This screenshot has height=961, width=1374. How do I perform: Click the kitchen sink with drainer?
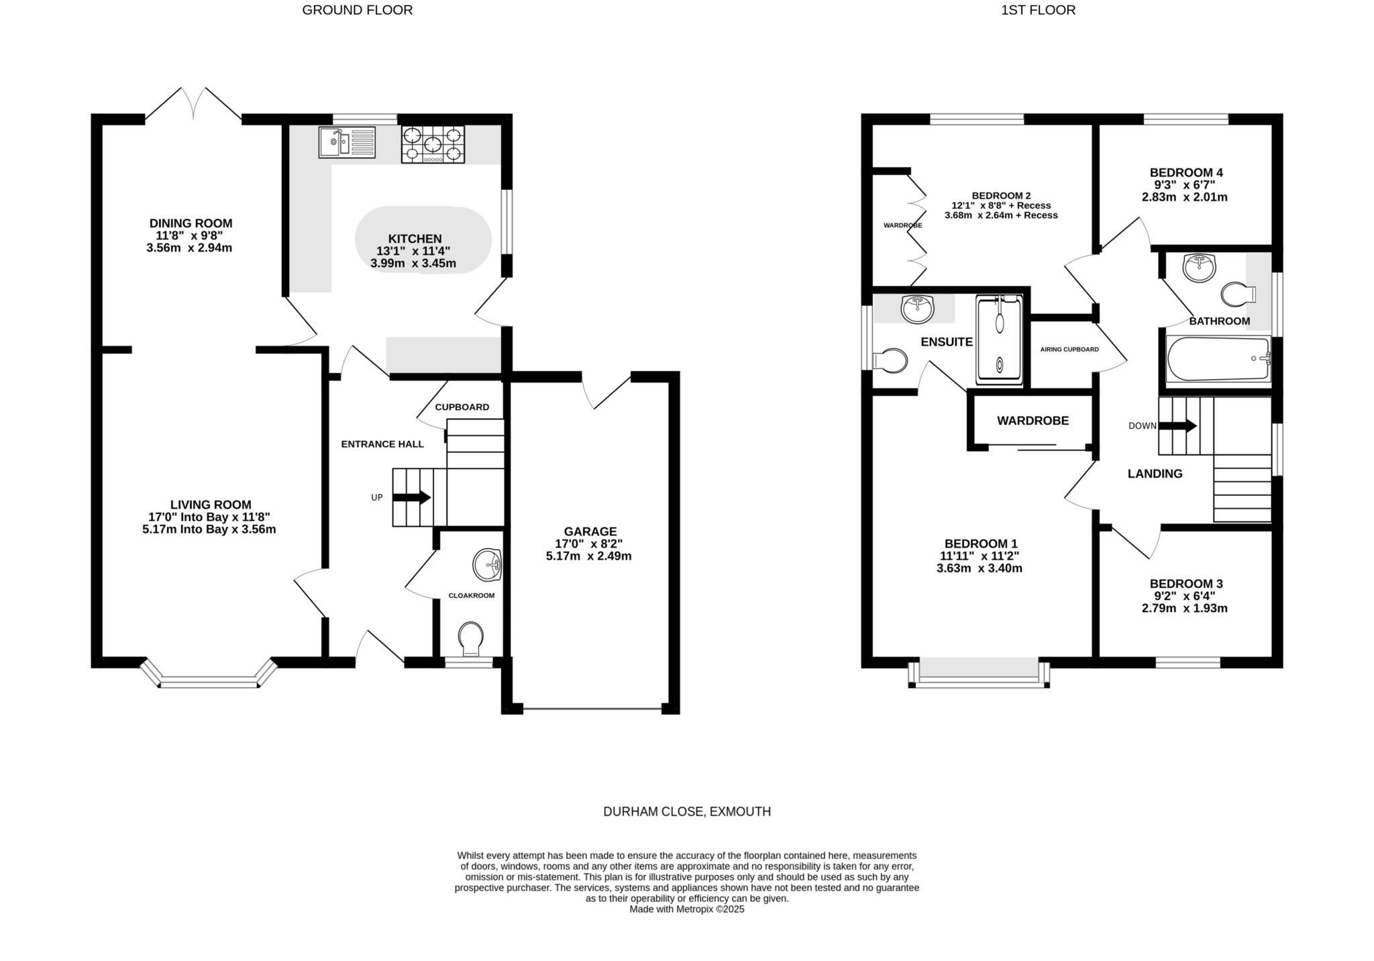coord(347,142)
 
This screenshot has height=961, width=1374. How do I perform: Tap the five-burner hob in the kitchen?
coord(433,145)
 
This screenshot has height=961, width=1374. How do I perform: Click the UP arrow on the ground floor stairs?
coord(411,497)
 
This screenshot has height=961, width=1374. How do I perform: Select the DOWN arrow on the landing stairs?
coord(1177,425)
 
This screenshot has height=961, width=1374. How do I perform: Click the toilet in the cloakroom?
coord(471,638)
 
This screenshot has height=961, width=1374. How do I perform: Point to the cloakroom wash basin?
coord(488,564)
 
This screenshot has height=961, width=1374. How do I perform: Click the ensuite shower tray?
coord(1000,341)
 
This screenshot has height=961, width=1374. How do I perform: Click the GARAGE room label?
coord(590,532)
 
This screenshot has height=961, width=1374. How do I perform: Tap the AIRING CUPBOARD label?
coord(1069,349)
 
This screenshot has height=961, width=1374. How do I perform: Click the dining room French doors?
coord(193,105)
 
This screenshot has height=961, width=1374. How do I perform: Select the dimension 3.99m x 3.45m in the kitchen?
coord(413,264)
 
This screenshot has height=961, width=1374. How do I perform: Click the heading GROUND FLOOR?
coord(357,10)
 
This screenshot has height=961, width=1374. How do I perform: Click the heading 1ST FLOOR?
coord(1038,10)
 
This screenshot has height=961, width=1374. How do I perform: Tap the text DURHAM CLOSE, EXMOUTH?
coord(687,811)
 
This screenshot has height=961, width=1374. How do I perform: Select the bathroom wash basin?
coord(1199,268)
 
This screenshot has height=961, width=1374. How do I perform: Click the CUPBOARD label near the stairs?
coord(462,407)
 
